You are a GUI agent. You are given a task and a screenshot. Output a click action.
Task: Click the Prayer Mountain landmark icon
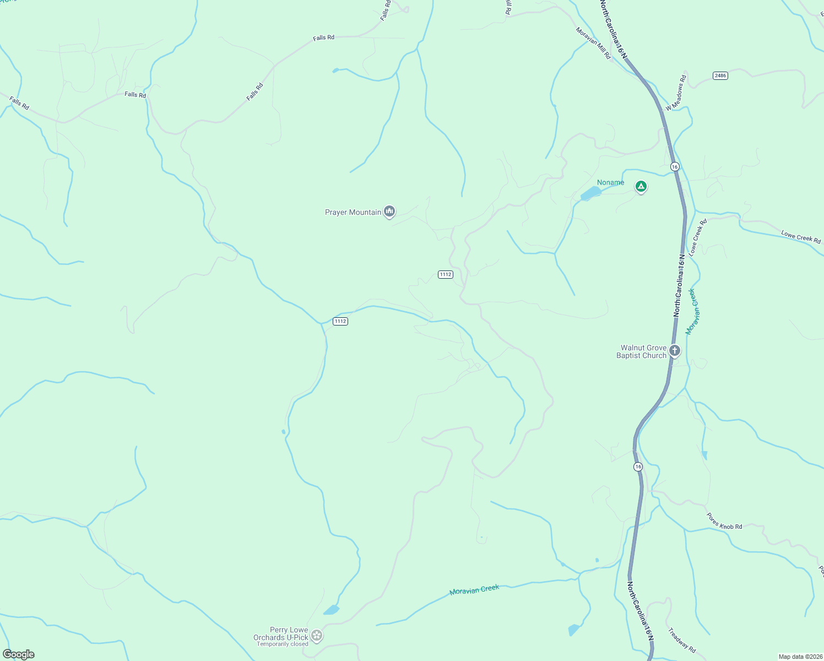coord(389,212)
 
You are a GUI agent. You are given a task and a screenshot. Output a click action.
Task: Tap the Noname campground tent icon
coord(641,187)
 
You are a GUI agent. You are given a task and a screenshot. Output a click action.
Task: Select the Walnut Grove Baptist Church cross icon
coord(675,351)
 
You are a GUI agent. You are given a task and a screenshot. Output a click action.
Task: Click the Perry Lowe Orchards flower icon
coord(317,636)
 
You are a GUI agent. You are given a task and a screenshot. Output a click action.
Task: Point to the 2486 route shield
coord(720,75)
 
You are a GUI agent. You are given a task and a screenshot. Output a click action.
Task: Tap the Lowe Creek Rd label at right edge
coord(801,237)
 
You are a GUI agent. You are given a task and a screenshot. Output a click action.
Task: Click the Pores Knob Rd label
coord(724,521)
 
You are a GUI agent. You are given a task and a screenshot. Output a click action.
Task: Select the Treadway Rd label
coord(682,640)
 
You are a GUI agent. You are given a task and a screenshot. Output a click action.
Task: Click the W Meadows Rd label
coord(676,93)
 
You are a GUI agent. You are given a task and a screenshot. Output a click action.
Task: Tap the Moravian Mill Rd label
coord(593,44)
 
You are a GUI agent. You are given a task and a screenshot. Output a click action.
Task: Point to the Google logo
coord(19,654)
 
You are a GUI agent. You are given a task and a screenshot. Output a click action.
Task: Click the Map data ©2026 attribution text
coord(800,657)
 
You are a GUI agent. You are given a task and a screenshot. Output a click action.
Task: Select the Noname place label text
coord(611,182)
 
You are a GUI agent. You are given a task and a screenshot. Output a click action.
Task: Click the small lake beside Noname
coord(590,193)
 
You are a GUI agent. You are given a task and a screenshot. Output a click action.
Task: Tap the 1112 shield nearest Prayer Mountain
coord(445,274)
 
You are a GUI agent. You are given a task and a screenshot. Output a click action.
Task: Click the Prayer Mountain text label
coord(353,212)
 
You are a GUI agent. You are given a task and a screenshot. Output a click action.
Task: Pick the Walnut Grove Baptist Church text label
coord(642,351)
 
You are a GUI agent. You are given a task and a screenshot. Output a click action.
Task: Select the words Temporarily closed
coord(283,644)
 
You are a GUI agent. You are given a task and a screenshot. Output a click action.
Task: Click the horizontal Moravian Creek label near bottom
coord(474,589)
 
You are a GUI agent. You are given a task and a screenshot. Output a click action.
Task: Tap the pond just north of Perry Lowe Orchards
coord(331,610)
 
